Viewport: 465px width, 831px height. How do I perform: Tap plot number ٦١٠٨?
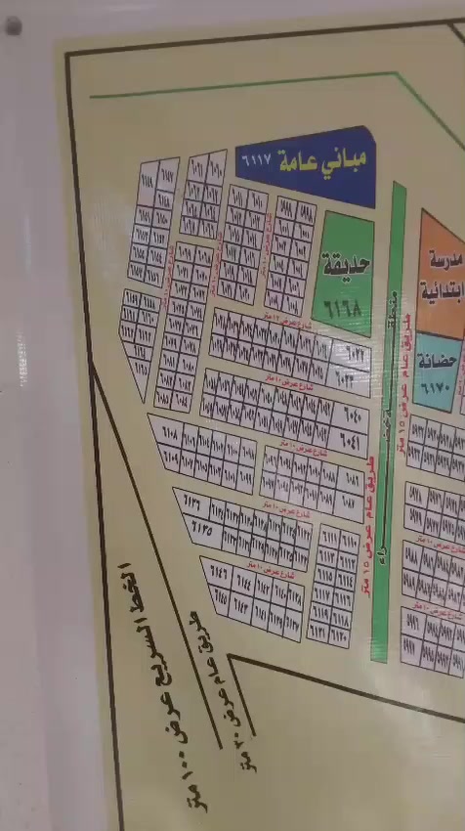[167, 431]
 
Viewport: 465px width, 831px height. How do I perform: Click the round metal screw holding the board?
[12, 26]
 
